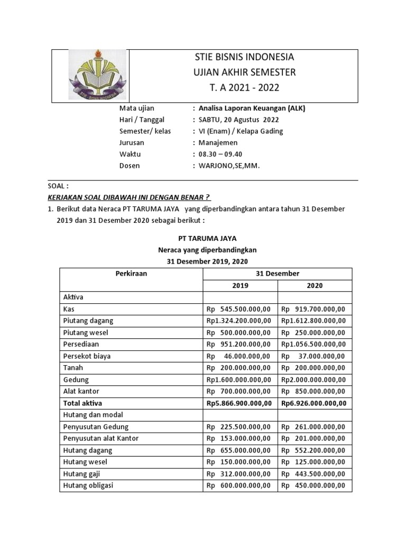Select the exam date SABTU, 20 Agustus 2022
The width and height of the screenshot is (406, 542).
[x=238, y=120]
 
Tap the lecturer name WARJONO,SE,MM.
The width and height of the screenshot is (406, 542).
[x=229, y=166]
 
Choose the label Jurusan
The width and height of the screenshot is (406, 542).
[x=132, y=142]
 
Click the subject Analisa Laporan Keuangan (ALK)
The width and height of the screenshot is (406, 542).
[x=252, y=108]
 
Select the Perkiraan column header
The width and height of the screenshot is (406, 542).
[x=131, y=274]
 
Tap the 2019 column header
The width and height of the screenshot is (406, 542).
[x=241, y=285]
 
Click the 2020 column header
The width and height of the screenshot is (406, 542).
[x=315, y=285]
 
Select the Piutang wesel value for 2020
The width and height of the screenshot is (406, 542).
[x=313, y=332]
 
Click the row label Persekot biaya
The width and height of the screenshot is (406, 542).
[x=87, y=356]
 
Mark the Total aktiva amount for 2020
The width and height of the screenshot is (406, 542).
[x=313, y=403]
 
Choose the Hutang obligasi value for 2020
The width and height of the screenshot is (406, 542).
[x=313, y=485]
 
